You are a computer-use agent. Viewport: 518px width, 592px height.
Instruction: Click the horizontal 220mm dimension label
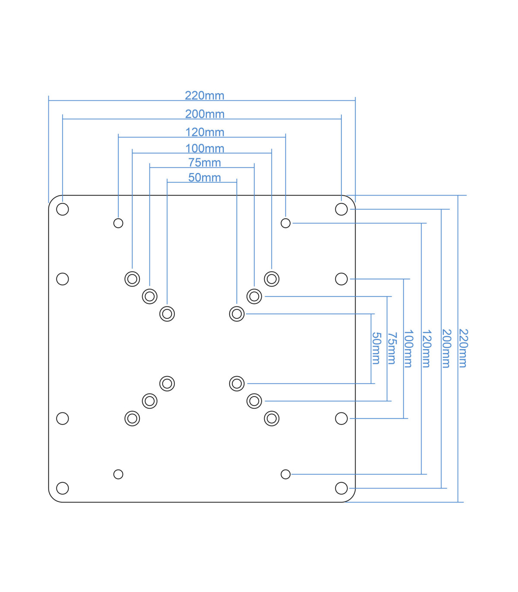point(205,95)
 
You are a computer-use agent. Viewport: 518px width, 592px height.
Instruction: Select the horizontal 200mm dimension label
point(205,114)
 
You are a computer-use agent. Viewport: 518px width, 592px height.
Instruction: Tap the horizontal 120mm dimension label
point(205,132)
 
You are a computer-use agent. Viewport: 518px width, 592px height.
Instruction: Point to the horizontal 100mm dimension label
point(205,148)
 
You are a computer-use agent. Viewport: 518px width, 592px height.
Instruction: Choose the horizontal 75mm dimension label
point(205,163)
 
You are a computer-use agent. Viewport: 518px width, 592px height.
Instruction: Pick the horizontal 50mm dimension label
point(205,178)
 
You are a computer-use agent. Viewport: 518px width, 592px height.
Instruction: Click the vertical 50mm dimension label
point(376,348)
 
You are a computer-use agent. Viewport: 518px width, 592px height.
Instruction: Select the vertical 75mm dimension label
point(392,348)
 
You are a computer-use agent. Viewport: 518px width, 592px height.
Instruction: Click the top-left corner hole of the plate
point(63,209)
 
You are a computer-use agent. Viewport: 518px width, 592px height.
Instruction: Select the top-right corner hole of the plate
point(341,209)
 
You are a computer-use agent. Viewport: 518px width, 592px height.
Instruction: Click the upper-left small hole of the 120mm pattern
point(118,223)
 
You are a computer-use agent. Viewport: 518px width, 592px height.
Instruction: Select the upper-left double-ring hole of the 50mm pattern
point(167,314)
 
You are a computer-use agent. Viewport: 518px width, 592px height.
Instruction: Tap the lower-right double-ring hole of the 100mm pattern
point(272,419)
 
